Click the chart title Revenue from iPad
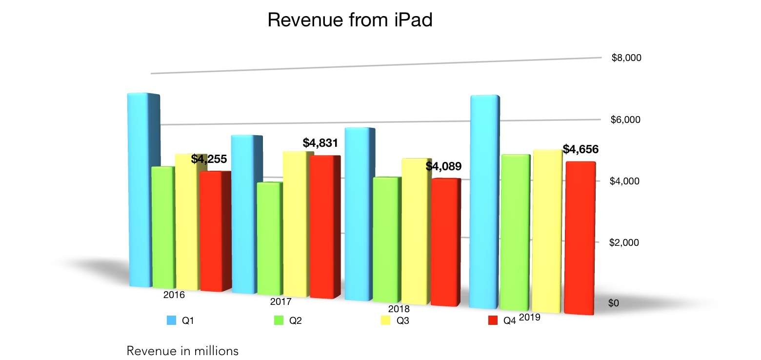350,20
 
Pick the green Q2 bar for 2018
385,239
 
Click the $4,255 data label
209,160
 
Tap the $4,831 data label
320,143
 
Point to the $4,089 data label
443,166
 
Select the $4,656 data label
581,149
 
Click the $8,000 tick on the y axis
626,58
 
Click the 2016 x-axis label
174,295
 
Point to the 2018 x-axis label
399,309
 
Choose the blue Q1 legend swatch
171,320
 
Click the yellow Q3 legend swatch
385,320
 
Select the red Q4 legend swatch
493,320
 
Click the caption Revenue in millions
182,351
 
